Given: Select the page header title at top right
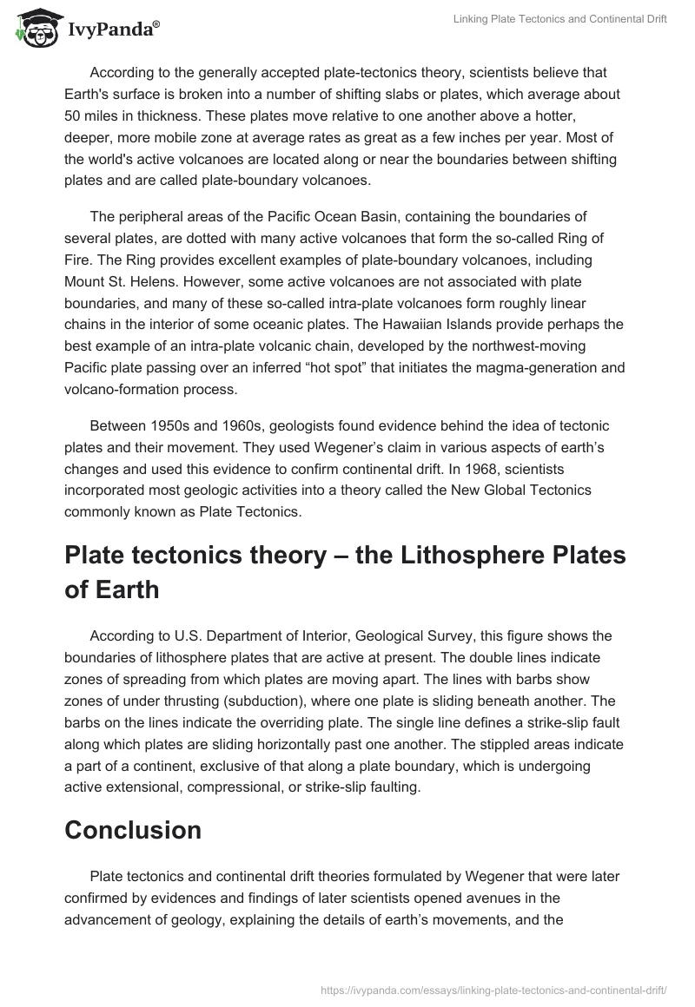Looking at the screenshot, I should pyautogui.click(x=559, y=20).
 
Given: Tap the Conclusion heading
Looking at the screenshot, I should pyautogui.click(x=133, y=830).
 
